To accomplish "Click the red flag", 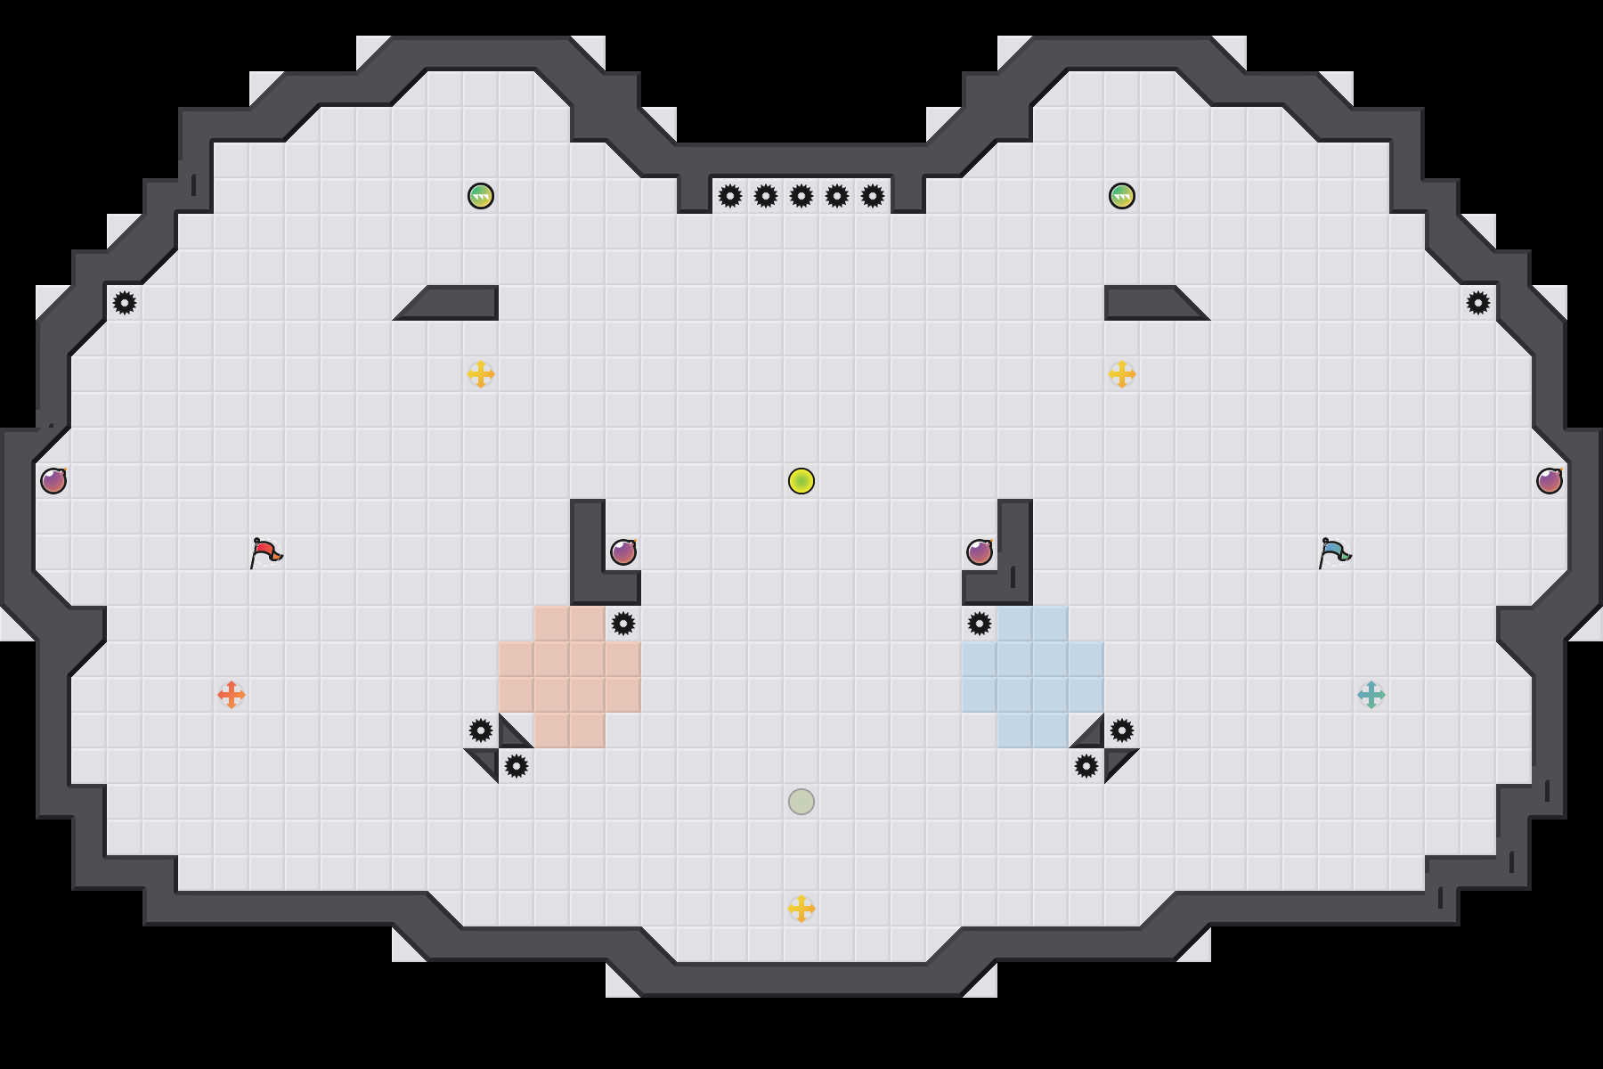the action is tap(265, 552).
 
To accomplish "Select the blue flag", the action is tap(1334, 552).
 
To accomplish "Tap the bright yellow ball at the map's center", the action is tap(801, 481).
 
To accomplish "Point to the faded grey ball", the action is tap(801, 802).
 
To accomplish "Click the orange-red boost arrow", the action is tap(232, 695).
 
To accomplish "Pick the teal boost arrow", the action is tap(1371, 695).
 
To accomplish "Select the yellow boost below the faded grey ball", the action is tap(801, 909).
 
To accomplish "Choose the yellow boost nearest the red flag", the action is tap(481, 374).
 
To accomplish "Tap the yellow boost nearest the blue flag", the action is tap(1122, 374).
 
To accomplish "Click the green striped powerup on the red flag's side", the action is tap(481, 196).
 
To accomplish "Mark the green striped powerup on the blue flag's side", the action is tap(1122, 196).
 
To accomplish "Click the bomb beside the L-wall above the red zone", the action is tap(623, 552).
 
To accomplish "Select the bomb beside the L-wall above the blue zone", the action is tap(980, 552).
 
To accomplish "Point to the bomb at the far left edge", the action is tap(53, 481).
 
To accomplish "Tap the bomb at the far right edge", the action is tap(1550, 481).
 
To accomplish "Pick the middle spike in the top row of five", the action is tap(801, 196).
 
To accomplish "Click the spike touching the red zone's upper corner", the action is tap(623, 624).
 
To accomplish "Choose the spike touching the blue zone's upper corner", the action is tap(980, 624).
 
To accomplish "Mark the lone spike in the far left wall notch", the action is tap(125, 303).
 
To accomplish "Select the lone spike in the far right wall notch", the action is tap(1478, 303).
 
